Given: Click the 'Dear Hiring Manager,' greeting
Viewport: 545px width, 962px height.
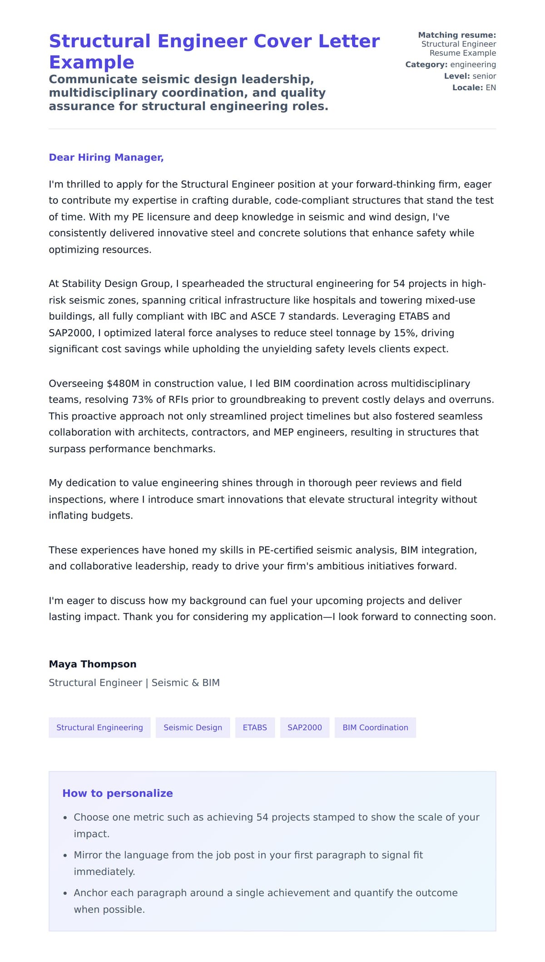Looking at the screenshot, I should pos(106,157).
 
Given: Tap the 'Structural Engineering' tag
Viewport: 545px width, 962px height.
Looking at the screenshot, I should pos(99,727).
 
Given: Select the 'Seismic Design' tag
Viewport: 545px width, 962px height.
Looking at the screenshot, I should pos(193,727).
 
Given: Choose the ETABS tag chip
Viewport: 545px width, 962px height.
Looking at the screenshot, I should pos(255,727).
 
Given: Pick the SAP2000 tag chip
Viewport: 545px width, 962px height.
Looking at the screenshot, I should pos(304,727).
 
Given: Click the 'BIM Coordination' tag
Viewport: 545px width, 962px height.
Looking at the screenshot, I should pos(375,727).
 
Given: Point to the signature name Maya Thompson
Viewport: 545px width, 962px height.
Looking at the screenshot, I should pos(93,664).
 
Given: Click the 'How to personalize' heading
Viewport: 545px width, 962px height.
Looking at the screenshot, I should pos(118,793).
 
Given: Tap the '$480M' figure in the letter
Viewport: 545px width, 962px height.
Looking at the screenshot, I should pos(123,383).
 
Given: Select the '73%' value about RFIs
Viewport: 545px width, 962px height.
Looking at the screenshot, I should pos(142,400).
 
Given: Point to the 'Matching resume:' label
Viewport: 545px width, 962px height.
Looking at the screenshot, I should pos(456,35).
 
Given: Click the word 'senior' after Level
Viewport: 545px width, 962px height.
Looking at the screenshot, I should pos(484,76).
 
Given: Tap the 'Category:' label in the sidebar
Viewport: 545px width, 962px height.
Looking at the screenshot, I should pos(426,64).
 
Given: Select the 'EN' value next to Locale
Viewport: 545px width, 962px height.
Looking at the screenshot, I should pos(490,88).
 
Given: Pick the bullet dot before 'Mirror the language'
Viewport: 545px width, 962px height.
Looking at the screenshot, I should pos(65,855).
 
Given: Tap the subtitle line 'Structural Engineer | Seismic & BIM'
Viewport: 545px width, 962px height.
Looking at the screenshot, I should pos(134,682).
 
